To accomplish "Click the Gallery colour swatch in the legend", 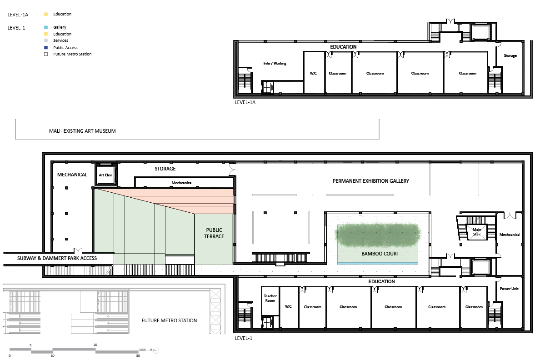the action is (x=46, y=27).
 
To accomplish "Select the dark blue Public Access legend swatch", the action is (x=46, y=48).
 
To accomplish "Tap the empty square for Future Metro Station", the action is (x=46, y=54).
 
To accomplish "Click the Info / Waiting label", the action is (x=275, y=63).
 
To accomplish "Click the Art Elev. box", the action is (x=106, y=175).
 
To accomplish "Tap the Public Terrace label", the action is (x=214, y=233).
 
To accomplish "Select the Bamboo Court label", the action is (x=380, y=254).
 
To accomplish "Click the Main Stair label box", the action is (x=477, y=232).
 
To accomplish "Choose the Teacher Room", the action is (x=270, y=298).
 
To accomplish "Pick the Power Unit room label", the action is (x=509, y=289).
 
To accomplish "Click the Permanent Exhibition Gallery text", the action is (x=371, y=181).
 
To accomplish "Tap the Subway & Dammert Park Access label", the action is (x=57, y=258).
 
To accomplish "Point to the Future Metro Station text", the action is (x=170, y=320).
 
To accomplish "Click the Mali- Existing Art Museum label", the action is (x=82, y=131).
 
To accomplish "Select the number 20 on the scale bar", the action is (x=95, y=345).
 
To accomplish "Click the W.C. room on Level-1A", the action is (x=314, y=73).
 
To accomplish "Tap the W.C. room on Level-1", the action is (x=289, y=307).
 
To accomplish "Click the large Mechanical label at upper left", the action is (x=72, y=175).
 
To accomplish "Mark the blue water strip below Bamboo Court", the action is (x=378, y=263).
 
